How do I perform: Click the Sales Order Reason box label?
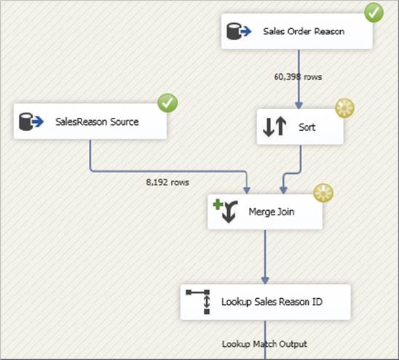tap(304, 31)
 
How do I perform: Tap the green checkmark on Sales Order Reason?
tap(374, 12)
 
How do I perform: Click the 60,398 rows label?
tap(298, 77)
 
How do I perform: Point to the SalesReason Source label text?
tap(97, 121)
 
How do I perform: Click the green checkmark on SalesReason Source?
tap(167, 103)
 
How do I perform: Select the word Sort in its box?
tap(307, 127)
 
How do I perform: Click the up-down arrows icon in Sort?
tap(274, 127)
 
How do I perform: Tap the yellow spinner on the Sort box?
tap(344, 108)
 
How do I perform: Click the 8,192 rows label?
tap(167, 182)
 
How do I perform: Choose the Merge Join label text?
tap(272, 212)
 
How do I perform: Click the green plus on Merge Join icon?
tap(218, 204)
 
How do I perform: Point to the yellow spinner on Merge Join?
tap(323, 193)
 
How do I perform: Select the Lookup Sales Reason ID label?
tap(272, 302)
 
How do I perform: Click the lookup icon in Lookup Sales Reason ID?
tap(198, 302)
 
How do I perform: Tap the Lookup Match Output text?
tap(264, 344)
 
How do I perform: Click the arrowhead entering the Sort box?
tap(299, 105)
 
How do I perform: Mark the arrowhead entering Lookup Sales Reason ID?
tap(265, 281)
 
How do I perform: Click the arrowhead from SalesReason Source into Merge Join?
tap(247, 190)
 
